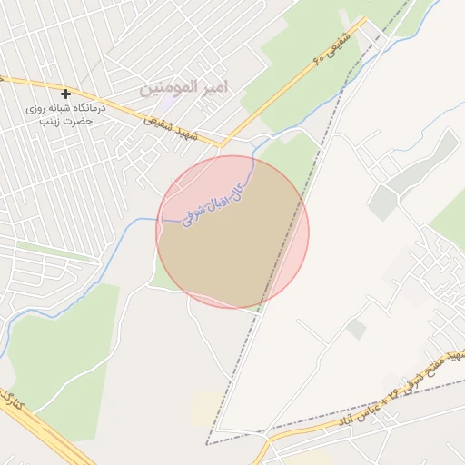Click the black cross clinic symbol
coord(65,94)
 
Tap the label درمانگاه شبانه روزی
coord(66,107)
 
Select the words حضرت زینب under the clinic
coord(66,120)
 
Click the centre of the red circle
coord(232,232)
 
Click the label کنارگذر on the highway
coord(12,399)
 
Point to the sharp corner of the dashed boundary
coord(206,444)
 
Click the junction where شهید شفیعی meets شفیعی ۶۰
coord(221,143)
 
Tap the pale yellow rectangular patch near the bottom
coord(204,410)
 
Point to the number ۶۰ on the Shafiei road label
coord(318,59)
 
